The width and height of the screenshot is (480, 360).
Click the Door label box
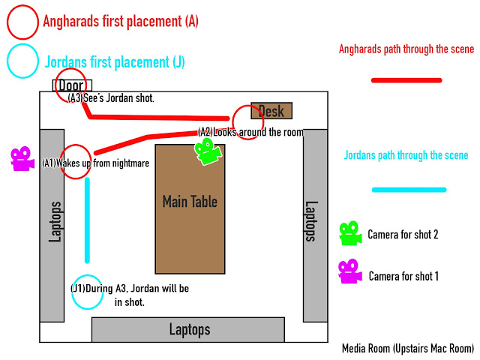point(72,85)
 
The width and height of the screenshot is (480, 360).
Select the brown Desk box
point(271,111)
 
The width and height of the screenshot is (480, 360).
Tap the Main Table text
point(190,201)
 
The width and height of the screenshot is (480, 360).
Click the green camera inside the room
point(208,151)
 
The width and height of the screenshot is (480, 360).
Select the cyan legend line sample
point(408,189)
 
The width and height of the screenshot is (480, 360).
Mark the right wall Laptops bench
point(315,221)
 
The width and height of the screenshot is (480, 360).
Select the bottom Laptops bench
point(188,329)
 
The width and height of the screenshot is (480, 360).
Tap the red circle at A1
point(74,161)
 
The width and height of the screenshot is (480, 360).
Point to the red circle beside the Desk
point(247,120)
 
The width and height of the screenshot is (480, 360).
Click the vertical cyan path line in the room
point(87,221)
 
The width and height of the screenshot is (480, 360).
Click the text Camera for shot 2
point(403,235)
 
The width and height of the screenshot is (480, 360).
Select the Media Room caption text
point(408,348)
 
